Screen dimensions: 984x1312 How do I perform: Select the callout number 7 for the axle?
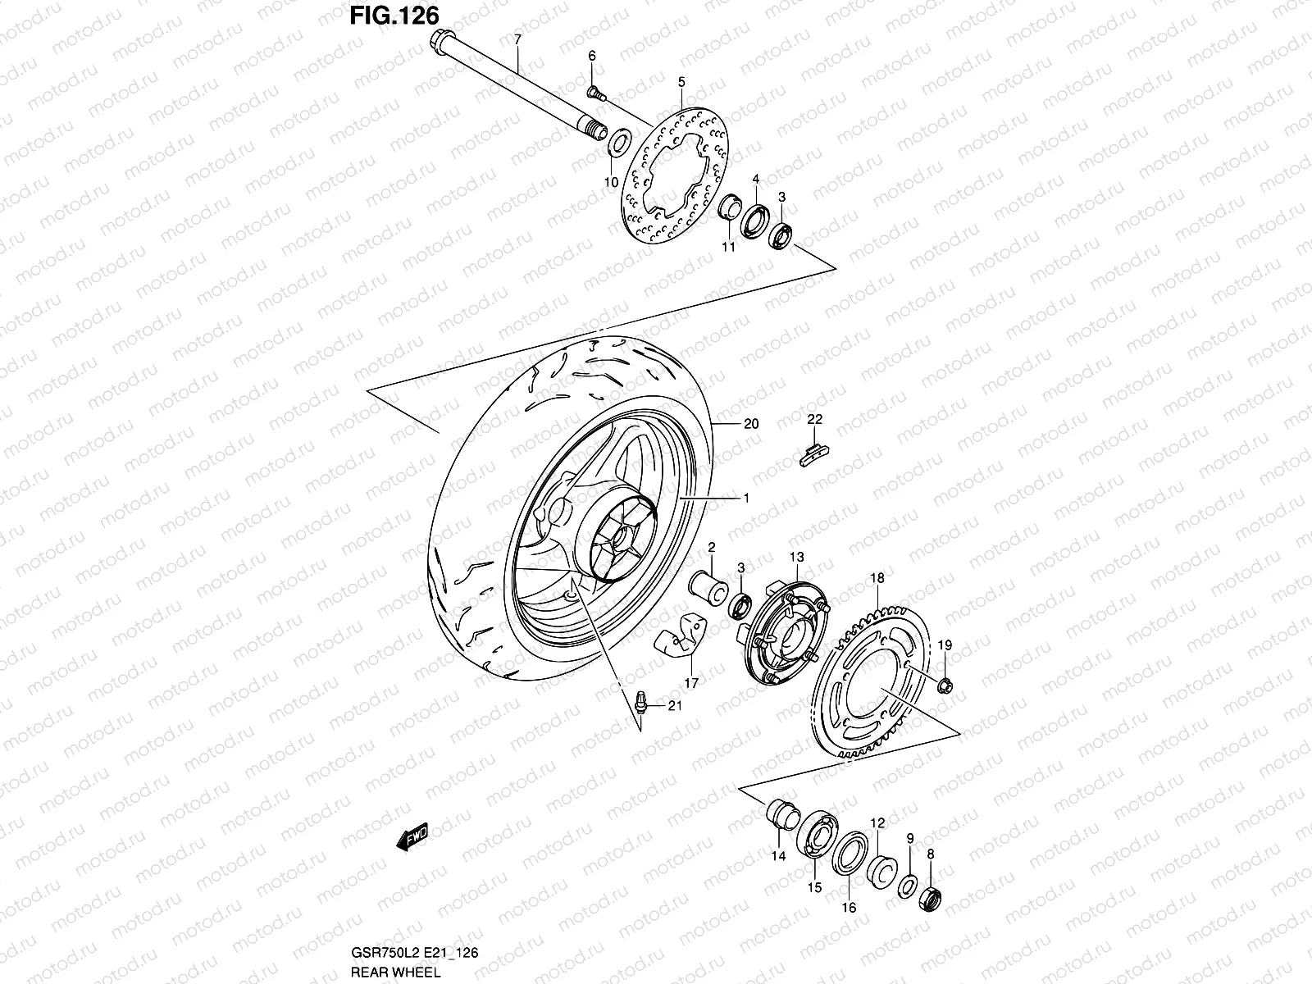[517, 39]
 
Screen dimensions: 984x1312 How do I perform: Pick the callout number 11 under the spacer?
[727, 248]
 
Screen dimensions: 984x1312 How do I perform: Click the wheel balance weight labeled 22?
[812, 453]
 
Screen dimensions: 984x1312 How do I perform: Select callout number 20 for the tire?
[751, 424]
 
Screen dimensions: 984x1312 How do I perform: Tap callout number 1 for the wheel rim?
[746, 498]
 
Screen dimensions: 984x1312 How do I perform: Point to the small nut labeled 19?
[945, 683]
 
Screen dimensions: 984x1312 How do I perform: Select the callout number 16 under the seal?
[849, 908]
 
